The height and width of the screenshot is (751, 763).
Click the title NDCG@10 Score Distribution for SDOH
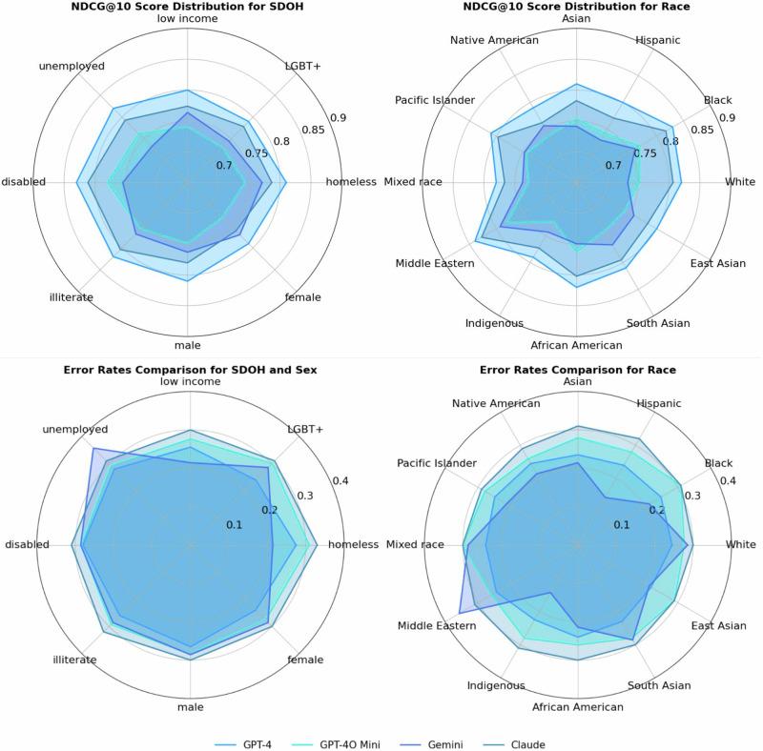pos(190,6)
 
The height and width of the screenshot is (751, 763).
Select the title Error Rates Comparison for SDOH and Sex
pos(190,368)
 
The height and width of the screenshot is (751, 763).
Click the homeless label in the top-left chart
pos(351,182)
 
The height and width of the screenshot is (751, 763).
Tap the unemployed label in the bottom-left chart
pos(73,429)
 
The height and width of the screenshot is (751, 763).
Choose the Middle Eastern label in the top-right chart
pos(435,262)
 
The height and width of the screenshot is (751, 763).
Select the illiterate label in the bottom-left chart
pos(72,660)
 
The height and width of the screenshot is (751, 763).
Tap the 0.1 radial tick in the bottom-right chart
pos(621,525)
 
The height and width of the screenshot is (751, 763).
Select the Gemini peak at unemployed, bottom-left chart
pos(93,448)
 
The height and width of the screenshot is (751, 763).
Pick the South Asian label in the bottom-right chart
pos(659,685)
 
